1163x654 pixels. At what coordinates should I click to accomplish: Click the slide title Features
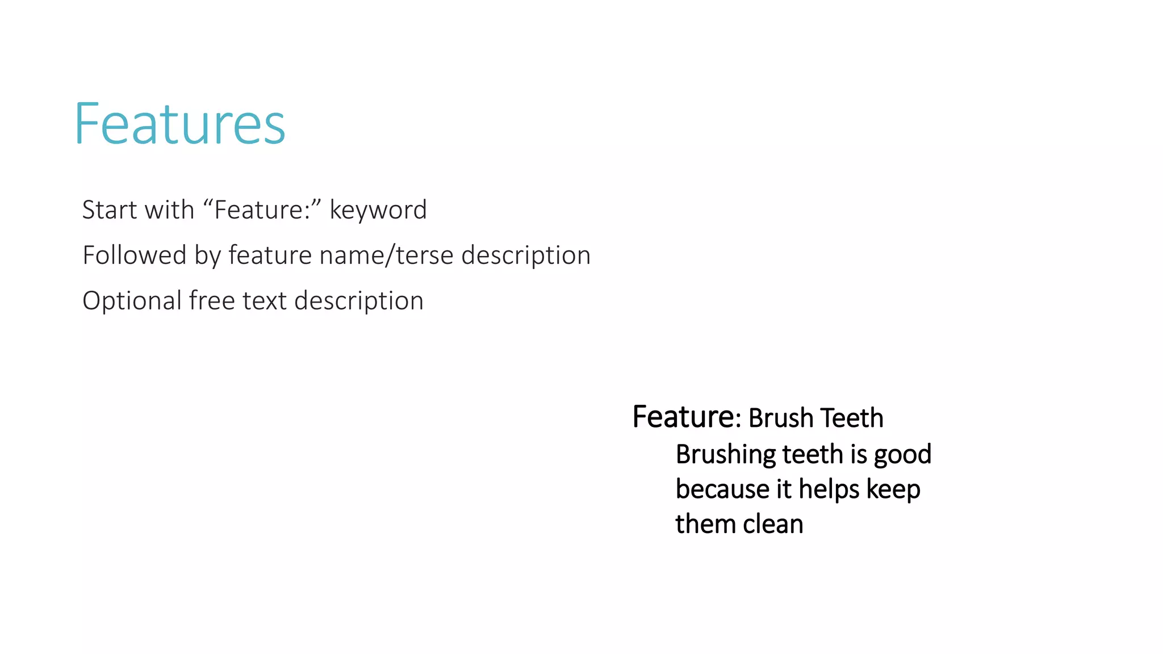coord(179,124)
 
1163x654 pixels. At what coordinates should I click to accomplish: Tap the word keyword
coord(378,210)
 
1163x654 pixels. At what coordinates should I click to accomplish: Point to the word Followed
coord(134,255)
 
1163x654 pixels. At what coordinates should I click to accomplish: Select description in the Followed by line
coord(526,255)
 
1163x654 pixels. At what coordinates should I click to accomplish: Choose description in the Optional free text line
coord(359,301)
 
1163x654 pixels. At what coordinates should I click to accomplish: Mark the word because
coord(721,489)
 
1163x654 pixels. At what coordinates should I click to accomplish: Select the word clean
coord(773,524)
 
